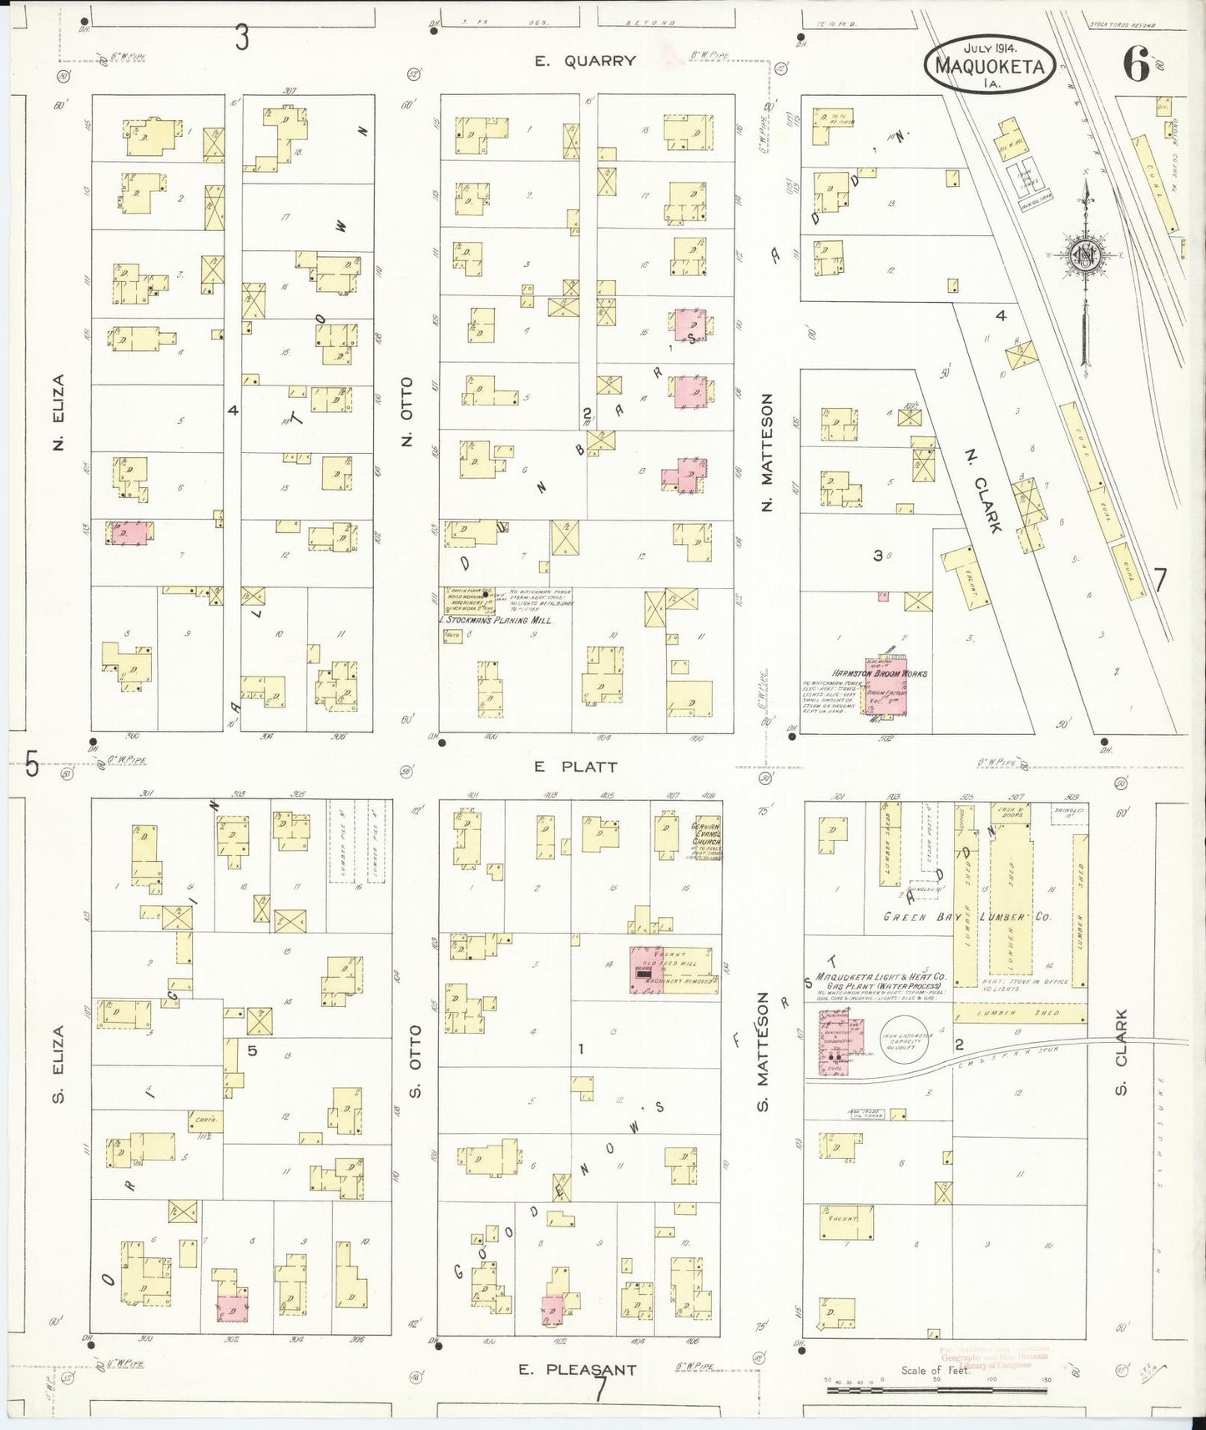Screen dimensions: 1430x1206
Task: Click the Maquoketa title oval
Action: [x=989, y=63]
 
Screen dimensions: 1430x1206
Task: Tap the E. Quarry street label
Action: [x=586, y=61]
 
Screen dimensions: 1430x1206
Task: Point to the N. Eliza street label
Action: [x=58, y=412]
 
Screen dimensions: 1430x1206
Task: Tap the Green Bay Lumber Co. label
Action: [x=966, y=917]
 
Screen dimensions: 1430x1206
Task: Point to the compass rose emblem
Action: [x=1085, y=258]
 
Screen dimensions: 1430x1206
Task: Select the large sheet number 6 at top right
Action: [x=1136, y=64]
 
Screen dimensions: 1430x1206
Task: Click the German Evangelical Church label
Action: [x=705, y=838]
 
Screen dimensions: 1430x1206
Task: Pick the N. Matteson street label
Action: [x=767, y=452]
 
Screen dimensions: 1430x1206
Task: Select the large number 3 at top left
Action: [x=242, y=38]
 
